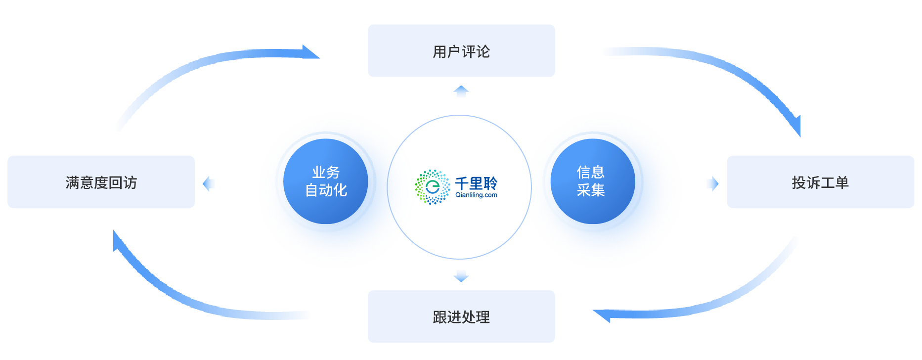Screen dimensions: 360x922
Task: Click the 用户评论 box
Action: coord(461,51)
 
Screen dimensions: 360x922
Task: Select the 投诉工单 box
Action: coord(820,182)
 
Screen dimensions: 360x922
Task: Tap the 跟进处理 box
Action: coord(461,316)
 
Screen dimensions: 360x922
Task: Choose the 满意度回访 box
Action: coord(101,182)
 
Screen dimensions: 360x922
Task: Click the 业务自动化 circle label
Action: coord(326,181)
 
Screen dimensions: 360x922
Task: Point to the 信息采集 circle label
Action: coord(590,181)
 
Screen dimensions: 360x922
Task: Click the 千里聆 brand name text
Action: coord(476,183)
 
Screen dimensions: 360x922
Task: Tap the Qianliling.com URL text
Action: coord(476,195)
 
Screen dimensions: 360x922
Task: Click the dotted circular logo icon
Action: coord(432,187)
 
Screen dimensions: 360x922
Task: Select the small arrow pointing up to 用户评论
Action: coord(461,91)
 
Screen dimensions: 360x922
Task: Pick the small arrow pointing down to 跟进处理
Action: coord(461,276)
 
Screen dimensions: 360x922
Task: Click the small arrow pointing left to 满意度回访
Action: coord(209,183)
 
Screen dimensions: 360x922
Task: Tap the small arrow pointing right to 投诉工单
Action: coord(713,183)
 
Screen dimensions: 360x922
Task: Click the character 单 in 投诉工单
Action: coord(842,182)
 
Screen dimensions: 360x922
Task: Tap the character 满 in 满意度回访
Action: coord(73,182)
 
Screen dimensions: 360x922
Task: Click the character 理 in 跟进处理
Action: coord(483,317)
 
